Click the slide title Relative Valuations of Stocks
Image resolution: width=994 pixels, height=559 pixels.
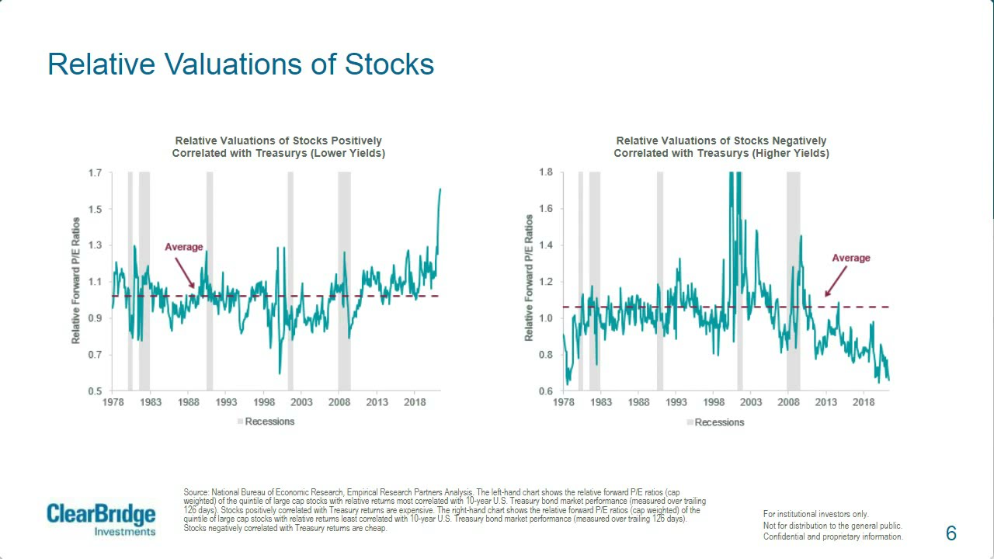pyautogui.click(x=241, y=64)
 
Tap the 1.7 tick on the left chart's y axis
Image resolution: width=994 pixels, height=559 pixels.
pyautogui.click(x=94, y=172)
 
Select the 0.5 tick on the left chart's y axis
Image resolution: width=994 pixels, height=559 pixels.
pyautogui.click(x=94, y=391)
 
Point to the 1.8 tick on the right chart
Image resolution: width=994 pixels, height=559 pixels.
pyautogui.click(x=545, y=172)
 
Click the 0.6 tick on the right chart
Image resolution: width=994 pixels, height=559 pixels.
pyautogui.click(x=545, y=391)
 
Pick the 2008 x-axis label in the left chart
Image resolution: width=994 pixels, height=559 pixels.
pyautogui.click(x=339, y=402)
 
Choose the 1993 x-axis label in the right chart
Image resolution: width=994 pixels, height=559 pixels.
pyautogui.click(x=676, y=402)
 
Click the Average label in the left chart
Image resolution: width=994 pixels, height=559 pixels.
pyautogui.click(x=183, y=247)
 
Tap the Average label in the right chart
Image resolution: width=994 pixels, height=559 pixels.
pyautogui.click(x=851, y=258)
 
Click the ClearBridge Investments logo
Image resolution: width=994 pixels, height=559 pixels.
pyautogui.click(x=101, y=519)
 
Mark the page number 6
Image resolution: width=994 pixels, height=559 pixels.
pyautogui.click(x=951, y=533)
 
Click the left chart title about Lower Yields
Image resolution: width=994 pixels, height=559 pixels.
pyautogui.click(x=279, y=147)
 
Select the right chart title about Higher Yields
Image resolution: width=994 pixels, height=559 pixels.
pyautogui.click(x=721, y=147)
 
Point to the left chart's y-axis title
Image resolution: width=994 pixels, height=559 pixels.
pyautogui.click(x=76, y=281)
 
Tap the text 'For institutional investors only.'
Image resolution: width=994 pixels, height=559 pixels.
pyautogui.click(x=815, y=514)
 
